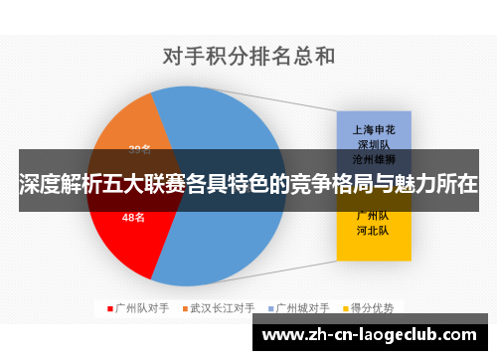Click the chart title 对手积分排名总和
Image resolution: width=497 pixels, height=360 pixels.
point(248,56)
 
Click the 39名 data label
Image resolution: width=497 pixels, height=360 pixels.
point(139,150)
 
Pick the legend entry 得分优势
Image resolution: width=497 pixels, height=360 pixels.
point(377,308)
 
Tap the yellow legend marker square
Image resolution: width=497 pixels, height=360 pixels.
point(349,308)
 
